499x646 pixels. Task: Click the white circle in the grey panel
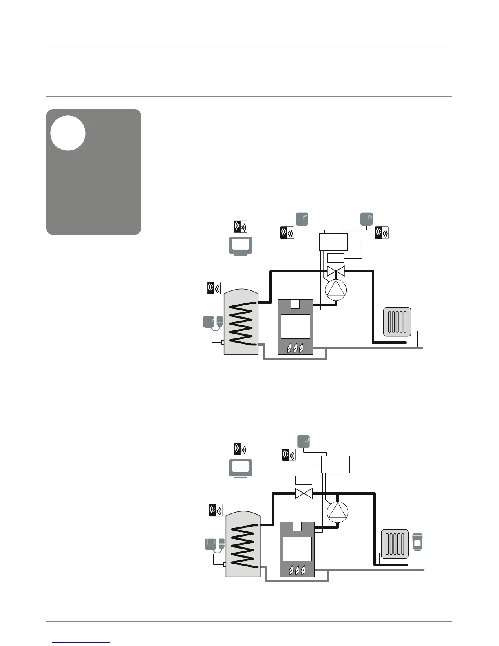tap(68, 133)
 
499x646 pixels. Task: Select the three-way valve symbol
tap(336, 270)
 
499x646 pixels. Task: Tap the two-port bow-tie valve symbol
tap(304, 493)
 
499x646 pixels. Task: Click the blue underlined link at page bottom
tap(82, 642)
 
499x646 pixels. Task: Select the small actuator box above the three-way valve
tap(336, 258)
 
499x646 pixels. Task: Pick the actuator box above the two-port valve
tap(303, 480)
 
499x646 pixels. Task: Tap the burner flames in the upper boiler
tap(295, 348)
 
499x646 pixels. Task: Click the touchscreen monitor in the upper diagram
tap(240, 246)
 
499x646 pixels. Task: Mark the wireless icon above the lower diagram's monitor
tap(240, 449)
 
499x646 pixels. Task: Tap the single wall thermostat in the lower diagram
tap(304, 442)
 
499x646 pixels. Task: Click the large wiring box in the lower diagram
tap(336, 464)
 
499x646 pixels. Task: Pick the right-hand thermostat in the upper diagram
tap(367, 219)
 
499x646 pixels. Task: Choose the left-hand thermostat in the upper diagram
tap(301, 219)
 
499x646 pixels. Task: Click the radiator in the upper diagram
tap(397, 321)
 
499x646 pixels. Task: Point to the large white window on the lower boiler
tap(297, 549)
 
